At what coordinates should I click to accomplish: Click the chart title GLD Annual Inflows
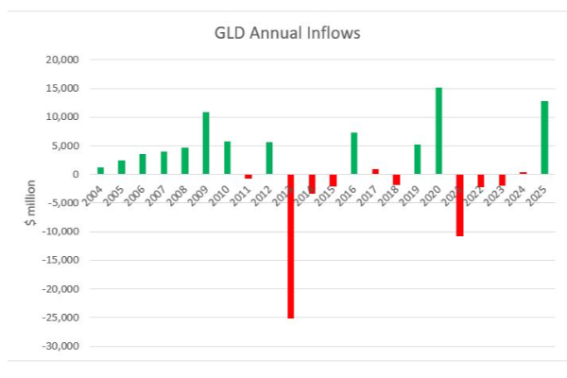(x=286, y=35)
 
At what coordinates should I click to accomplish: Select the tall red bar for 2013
(x=291, y=246)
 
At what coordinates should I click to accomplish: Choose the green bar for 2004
(x=100, y=171)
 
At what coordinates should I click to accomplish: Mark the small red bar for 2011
(x=249, y=177)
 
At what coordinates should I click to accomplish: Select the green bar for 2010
(x=227, y=158)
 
